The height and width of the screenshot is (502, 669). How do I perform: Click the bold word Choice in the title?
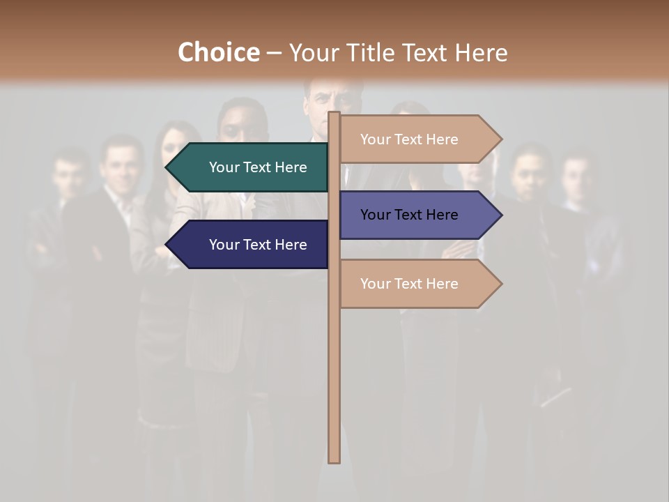[218, 52]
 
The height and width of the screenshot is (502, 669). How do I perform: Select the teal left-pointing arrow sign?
[247, 167]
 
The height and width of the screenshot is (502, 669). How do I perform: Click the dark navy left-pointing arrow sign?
[247, 245]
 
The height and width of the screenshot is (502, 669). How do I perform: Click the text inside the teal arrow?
[258, 167]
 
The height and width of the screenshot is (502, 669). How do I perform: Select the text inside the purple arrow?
[409, 215]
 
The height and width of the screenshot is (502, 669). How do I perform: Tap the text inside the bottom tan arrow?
[409, 284]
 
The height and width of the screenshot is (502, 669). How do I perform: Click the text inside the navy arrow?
[258, 245]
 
